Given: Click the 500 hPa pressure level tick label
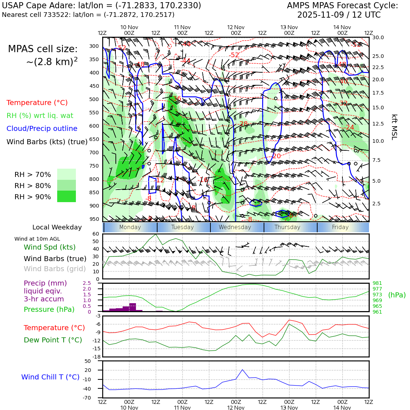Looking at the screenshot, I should pos(94,99).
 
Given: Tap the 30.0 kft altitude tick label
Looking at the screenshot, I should pos(378,37).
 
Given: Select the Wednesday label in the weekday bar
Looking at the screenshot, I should pos(235,227).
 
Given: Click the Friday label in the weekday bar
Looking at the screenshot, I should pos(340,227).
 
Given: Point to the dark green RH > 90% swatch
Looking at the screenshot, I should pos(67,196).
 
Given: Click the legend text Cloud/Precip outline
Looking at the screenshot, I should pos(42,128).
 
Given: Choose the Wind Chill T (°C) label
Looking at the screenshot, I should pos(50,377).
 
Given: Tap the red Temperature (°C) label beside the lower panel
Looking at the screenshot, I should pos(54,328).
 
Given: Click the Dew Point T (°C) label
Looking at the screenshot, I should pos(53,340).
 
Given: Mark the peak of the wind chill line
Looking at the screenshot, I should pos(242,370).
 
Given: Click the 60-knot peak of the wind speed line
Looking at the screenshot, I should pos(156,234).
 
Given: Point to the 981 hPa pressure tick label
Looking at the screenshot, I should pos(377,283).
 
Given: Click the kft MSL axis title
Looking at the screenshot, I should pos(394,127).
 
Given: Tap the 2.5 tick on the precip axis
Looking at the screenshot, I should pos(87,283).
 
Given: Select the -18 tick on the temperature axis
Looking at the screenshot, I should pos(96,357).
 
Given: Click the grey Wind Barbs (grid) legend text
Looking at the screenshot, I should pos(55,269).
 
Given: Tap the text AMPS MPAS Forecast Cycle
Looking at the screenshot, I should pos(342,6).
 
